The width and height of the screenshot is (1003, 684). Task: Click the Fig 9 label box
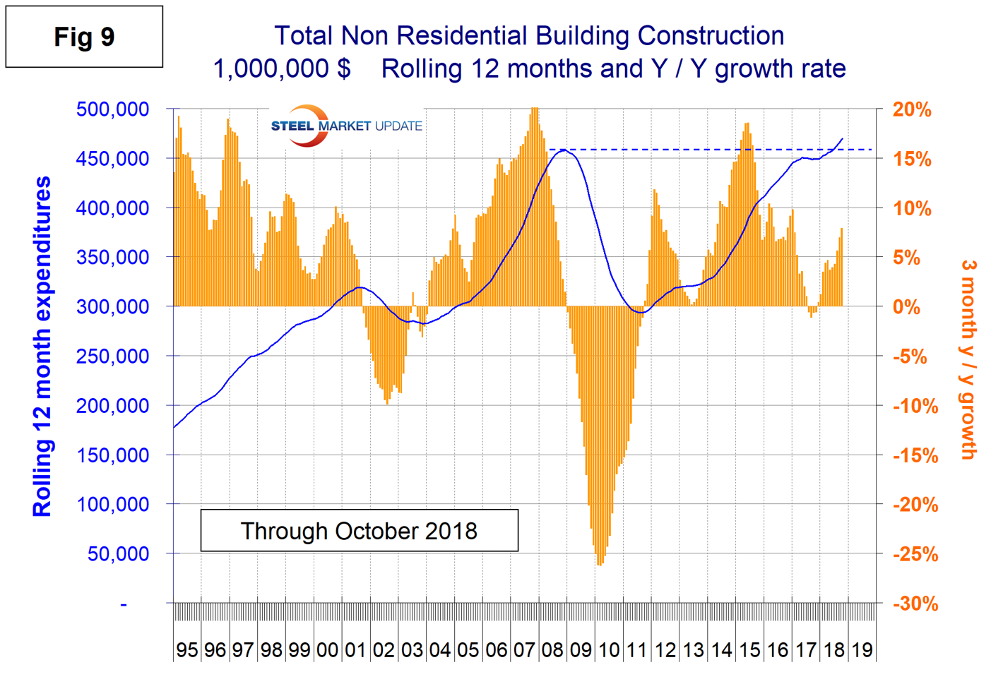click(84, 37)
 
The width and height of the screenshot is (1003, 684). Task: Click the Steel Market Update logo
click(346, 126)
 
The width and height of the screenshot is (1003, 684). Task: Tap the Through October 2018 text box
click(359, 531)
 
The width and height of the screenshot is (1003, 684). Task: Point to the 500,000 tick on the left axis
click(112, 109)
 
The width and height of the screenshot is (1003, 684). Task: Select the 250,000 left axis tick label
click(112, 356)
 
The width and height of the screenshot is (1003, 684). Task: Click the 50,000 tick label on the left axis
click(118, 554)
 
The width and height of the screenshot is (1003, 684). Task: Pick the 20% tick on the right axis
click(912, 110)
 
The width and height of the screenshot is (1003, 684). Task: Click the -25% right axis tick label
click(915, 555)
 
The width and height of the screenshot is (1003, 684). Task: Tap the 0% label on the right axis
click(907, 308)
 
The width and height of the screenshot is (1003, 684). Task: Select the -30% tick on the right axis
click(915, 604)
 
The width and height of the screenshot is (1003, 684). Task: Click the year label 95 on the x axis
click(187, 650)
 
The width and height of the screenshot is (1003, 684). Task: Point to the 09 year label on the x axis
click(581, 650)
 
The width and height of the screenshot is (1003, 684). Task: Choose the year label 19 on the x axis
click(862, 650)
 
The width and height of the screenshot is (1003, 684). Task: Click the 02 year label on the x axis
click(384, 650)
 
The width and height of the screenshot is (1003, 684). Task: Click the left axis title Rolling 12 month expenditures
click(42, 346)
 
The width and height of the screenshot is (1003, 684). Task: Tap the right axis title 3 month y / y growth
click(968, 360)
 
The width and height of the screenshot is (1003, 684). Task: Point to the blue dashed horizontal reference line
click(706, 150)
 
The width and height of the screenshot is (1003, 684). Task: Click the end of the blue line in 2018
click(842, 138)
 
